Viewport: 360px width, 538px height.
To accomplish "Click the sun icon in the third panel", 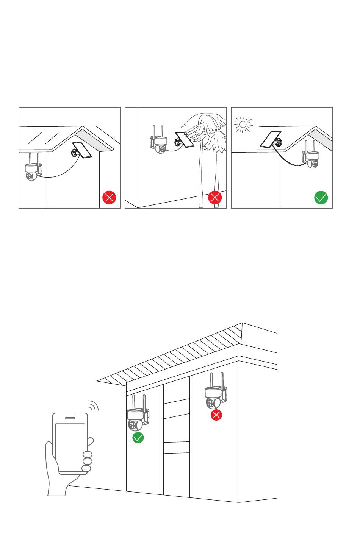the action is (243, 125).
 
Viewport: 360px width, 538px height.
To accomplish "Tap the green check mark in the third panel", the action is (321, 198).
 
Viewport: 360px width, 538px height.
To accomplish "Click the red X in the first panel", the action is (109, 198).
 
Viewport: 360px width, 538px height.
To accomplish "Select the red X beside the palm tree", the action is (215, 198).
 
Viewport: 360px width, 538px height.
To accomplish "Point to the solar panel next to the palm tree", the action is (185, 139).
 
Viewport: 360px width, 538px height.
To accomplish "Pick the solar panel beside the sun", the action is (271, 139).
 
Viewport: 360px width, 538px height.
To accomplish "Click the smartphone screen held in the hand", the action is (70, 447).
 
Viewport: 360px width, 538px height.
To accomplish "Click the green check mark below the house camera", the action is (138, 438).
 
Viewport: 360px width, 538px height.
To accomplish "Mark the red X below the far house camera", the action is (216, 415).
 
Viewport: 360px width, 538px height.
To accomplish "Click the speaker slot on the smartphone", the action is (70, 418).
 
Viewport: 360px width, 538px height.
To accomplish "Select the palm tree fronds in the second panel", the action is (207, 127).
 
